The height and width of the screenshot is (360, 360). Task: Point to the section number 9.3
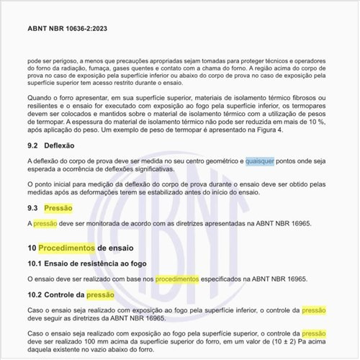coord(34,208)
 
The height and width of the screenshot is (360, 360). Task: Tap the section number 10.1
coord(35,264)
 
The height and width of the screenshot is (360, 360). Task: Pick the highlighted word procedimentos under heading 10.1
coord(177,279)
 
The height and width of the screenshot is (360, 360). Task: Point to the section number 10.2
coord(35,294)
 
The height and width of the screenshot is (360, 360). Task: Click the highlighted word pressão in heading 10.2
coord(100,294)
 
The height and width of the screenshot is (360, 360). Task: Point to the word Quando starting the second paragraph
coord(41,98)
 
